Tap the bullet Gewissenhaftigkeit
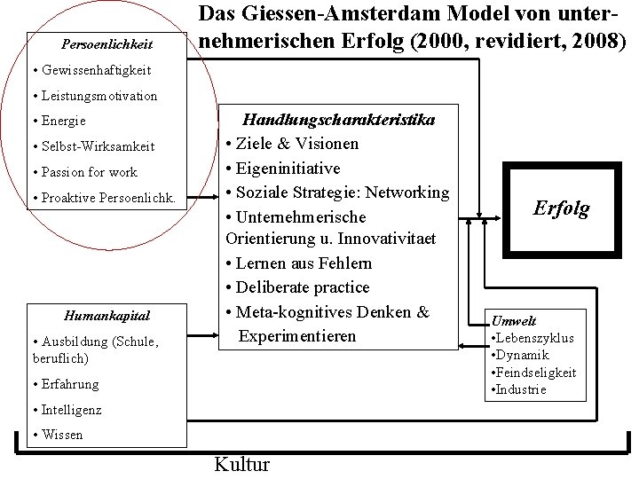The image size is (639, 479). pos(90,69)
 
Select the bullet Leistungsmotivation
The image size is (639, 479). pos(93,95)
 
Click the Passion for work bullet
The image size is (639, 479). pos(84,172)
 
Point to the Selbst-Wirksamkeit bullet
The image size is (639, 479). pos(92,146)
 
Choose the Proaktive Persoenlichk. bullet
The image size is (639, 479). pos(103,198)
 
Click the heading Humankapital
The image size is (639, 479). pos(107,315)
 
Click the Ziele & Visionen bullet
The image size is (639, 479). pos(293,144)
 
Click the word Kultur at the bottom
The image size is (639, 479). pos(241,464)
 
